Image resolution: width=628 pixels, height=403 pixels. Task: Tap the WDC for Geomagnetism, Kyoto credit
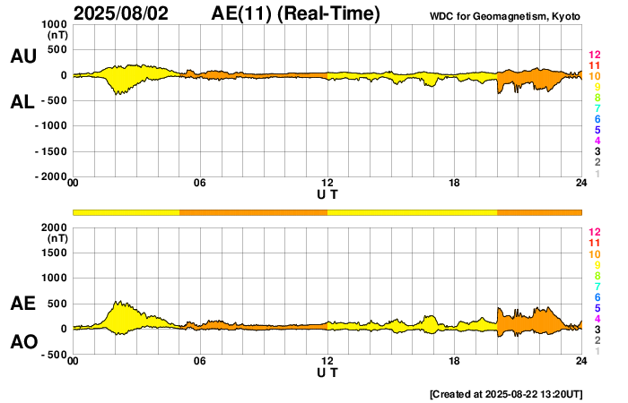coord(506,15)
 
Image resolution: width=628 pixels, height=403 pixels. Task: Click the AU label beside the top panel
coord(22,56)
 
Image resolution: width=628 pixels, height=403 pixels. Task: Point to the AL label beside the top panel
coord(22,102)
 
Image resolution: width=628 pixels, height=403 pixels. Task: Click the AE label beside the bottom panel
coord(22,304)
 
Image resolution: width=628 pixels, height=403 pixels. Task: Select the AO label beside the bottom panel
coord(22,342)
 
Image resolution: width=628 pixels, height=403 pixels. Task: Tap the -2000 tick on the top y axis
coord(50,176)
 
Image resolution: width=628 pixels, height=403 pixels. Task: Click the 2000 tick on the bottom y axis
coord(55,227)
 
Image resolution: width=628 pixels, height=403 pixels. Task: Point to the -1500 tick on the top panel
coord(50,151)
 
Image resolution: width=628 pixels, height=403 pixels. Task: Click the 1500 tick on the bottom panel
coord(55,253)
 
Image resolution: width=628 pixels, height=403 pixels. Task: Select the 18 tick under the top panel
coord(454,184)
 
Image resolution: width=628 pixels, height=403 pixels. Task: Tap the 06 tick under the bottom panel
coord(200,361)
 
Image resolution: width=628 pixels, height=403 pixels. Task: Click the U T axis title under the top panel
coord(327,193)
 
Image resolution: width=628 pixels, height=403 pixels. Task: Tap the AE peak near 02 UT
coord(118,302)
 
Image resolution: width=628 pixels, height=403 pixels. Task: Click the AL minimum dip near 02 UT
coord(118,93)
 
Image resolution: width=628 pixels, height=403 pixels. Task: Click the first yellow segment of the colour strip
coord(126,211)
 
